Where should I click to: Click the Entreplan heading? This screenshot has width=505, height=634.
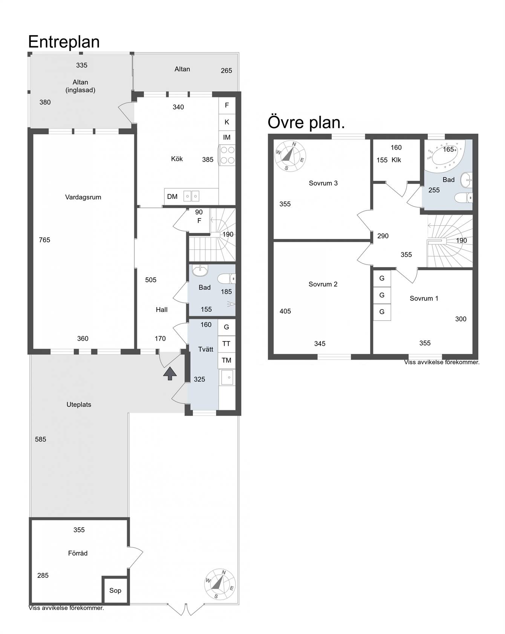[x=64, y=42]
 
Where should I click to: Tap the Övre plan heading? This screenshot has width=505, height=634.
[x=306, y=123]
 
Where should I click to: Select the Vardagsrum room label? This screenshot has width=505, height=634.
[x=83, y=197]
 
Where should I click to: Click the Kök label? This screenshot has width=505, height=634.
[x=177, y=159]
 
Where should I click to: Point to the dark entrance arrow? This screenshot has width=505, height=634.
[x=170, y=373]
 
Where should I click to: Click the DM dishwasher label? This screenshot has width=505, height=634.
[x=172, y=197]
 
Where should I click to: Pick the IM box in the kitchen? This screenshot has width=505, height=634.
[x=227, y=137]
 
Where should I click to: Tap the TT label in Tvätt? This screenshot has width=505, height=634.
[x=226, y=343]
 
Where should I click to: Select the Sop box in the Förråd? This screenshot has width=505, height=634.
[x=115, y=590]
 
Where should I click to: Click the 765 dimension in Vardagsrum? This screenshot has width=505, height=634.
[x=44, y=240]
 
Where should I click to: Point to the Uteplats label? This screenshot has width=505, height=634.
[x=79, y=405]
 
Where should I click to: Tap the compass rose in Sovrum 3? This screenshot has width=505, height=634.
[x=290, y=155]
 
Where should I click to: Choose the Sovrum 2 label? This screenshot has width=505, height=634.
[x=323, y=284]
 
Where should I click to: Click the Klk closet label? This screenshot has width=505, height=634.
[x=396, y=160]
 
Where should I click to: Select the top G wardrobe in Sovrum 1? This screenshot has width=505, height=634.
[x=382, y=279]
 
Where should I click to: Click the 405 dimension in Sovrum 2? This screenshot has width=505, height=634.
[x=285, y=311]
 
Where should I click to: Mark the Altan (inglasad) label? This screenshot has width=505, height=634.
[x=80, y=86]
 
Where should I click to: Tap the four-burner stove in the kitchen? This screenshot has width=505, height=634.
[x=227, y=155]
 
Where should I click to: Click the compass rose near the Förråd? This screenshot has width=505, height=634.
[x=220, y=584]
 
